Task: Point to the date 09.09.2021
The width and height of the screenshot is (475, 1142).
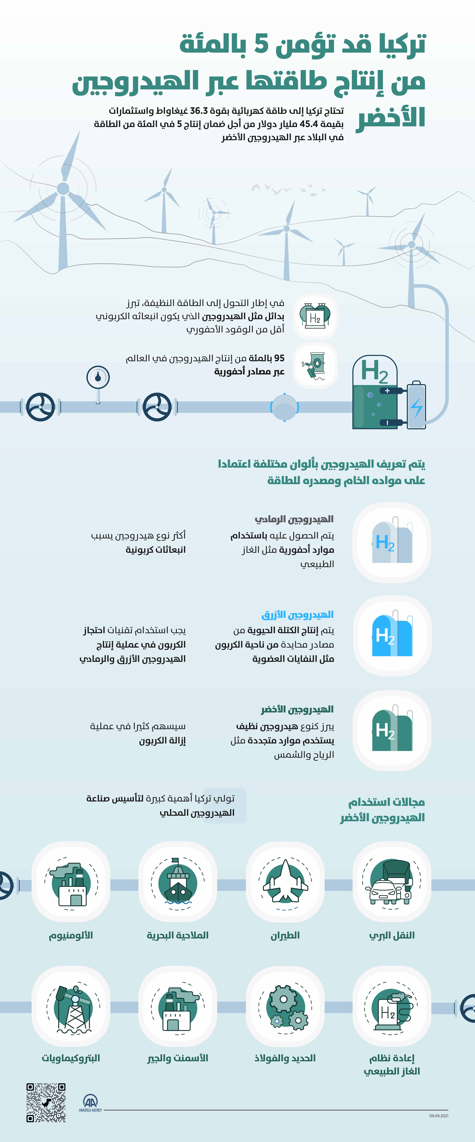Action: click(439, 1116)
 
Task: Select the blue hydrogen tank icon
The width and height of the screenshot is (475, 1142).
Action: click(392, 635)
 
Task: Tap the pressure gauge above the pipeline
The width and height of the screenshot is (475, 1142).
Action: click(98, 377)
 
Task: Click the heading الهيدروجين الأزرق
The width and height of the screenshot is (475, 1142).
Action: click(298, 615)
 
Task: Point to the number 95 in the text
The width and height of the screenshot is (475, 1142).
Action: click(279, 358)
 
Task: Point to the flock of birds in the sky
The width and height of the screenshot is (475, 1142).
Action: click(288, 189)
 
